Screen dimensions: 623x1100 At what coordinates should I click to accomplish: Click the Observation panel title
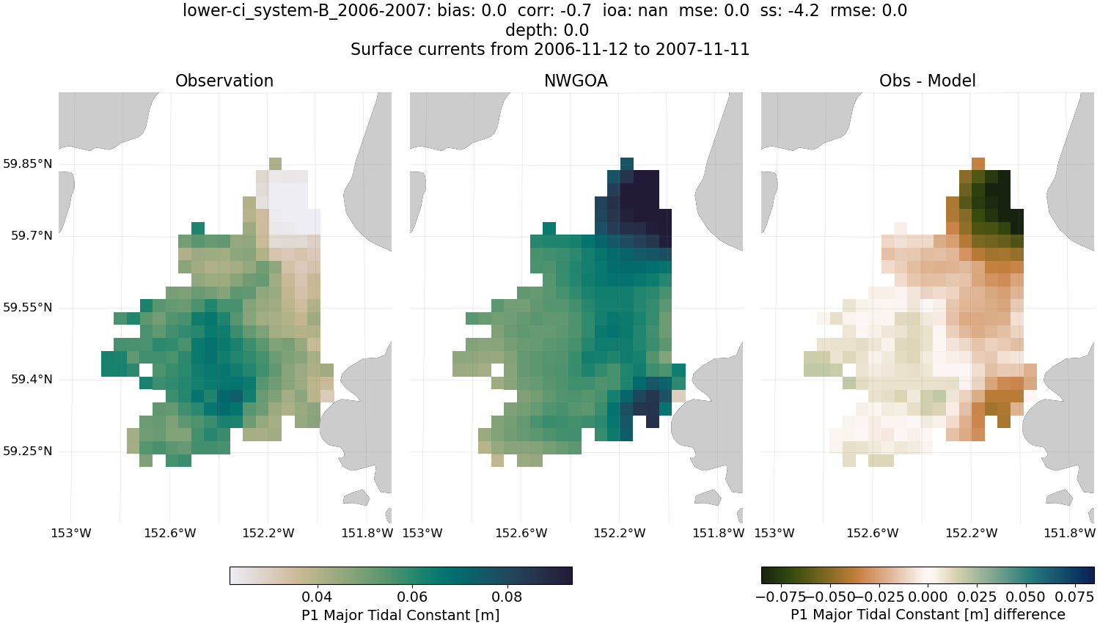point(224,81)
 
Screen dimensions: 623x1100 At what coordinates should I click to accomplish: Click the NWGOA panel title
point(576,81)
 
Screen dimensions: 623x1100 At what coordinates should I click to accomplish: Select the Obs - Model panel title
point(927,81)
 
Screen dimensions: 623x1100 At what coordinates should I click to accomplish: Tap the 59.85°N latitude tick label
point(28,163)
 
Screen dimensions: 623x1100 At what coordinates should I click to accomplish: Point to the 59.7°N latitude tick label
point(32,235)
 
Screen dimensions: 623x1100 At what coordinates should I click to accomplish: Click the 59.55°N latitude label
point(28,307)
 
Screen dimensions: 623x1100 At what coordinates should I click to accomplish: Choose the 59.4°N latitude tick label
point(32,379)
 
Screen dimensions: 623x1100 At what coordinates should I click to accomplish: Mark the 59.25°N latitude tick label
point(28,451)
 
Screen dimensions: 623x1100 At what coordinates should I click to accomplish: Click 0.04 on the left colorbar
point(317,597)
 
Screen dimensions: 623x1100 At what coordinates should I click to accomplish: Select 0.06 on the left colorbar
point(412,597)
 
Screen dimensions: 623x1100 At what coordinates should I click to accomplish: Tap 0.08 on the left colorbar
point(507,597)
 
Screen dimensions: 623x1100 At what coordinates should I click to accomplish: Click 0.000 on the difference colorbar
point(928,597)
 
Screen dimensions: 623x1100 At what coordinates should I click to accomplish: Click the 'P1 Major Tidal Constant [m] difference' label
point(928,614)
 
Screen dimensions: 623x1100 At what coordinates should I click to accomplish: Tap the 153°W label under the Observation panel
point(71,533)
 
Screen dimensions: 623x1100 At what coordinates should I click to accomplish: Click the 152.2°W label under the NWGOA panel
point(620,533)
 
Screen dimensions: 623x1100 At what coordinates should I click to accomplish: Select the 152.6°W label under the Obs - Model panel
point(873,533)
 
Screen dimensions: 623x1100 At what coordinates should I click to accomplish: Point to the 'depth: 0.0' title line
point(547,30)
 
